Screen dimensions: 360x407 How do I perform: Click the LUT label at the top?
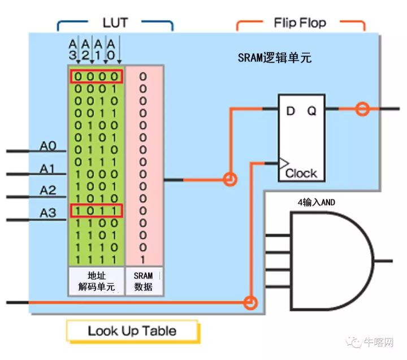(115, 23)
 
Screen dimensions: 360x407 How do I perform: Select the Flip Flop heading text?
(300, 23)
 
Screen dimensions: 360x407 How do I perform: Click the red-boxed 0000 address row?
(96, 76)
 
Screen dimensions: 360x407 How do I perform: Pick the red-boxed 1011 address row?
(96, 211)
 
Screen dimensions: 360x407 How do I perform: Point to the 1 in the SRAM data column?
(143, 259)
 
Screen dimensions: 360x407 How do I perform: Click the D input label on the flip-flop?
(291, 111)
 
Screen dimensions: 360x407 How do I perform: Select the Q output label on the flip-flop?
(311, 111)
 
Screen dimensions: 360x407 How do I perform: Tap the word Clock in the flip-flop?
(301, 173)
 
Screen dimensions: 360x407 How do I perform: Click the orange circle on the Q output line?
(362, 109)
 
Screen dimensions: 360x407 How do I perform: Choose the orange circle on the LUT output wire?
(230, 180)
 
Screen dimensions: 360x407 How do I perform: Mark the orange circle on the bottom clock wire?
(250, 303)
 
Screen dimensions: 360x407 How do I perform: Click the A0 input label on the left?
(48, 146)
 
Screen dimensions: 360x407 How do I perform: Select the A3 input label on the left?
(48, 213)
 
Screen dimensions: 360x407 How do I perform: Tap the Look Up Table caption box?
(132, 331)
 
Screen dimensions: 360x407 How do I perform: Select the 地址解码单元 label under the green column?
(96, 281)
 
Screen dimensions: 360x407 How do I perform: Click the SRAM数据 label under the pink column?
(143, 281)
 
